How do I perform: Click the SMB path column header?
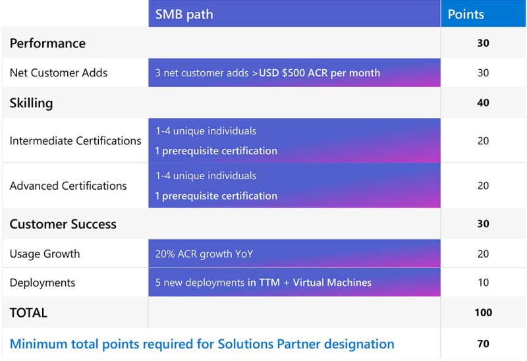coord(184,14)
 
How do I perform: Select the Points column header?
coord(466,14)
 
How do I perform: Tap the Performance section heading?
coord(47,43)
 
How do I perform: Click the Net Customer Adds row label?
coord(59,72)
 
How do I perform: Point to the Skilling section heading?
coord(31,103)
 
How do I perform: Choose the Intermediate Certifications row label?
coord(75,140)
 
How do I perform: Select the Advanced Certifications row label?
coord(69,186)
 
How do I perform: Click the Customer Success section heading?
coord(63,224)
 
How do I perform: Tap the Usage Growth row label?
coord(45,254)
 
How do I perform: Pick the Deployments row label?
coord(42,283)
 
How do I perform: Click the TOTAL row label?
coord(28,313)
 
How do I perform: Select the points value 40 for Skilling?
coord(483,103)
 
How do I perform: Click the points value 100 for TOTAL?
coord(484,312)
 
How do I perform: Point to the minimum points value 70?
coord(483,343)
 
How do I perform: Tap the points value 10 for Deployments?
coord(484,283)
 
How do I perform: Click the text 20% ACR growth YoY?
coord(204,254)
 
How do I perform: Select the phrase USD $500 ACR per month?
coord(319,72)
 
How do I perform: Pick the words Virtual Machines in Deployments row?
coord(332,283)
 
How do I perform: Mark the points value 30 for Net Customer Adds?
coord(483,72)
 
